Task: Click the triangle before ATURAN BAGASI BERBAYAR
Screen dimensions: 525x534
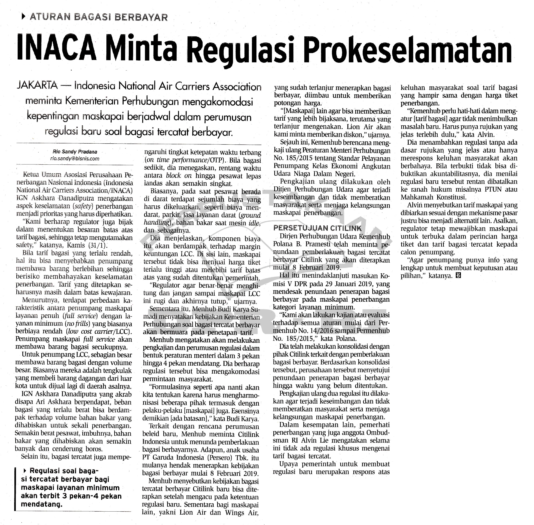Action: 23,17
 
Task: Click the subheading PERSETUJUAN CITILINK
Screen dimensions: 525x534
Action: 317,228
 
